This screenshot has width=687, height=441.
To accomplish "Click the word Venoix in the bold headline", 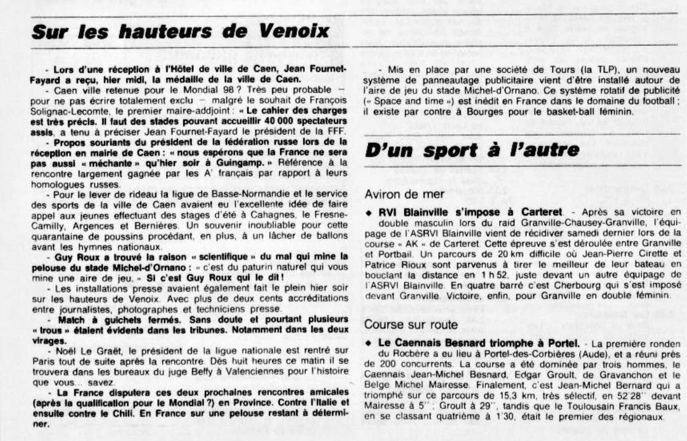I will pos(294,31).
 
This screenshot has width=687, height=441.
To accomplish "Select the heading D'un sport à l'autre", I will pos(472,150).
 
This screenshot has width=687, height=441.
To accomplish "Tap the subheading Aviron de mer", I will pos(404,194).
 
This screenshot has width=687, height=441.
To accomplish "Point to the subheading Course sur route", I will pos(411,324).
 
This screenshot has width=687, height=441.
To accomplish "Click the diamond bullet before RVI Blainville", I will pos(368,213).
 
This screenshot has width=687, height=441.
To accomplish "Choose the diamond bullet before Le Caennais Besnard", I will pos(368,344).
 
